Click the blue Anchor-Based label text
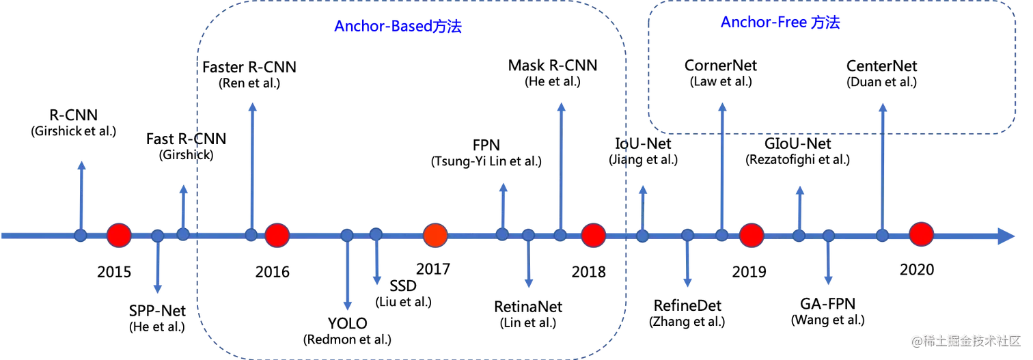398,27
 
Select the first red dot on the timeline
119,235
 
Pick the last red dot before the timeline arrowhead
921,235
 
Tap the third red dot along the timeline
435,236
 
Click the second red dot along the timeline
277,235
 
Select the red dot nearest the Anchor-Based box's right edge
592,236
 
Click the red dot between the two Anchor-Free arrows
751,236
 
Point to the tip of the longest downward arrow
348,305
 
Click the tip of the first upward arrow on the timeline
81,164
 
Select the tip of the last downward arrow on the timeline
829,281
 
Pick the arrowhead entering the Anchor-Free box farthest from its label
882,105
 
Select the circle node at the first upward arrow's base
81,236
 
